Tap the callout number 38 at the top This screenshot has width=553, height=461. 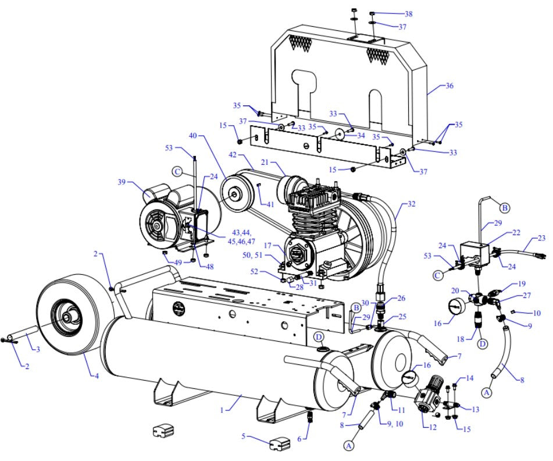409,14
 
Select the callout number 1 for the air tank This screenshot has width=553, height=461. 222,410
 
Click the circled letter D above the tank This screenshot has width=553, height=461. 319,337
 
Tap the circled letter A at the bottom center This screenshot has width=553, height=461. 349,445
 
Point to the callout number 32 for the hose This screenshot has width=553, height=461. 412,204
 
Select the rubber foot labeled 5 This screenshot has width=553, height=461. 278,443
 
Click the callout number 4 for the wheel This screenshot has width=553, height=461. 97,375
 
